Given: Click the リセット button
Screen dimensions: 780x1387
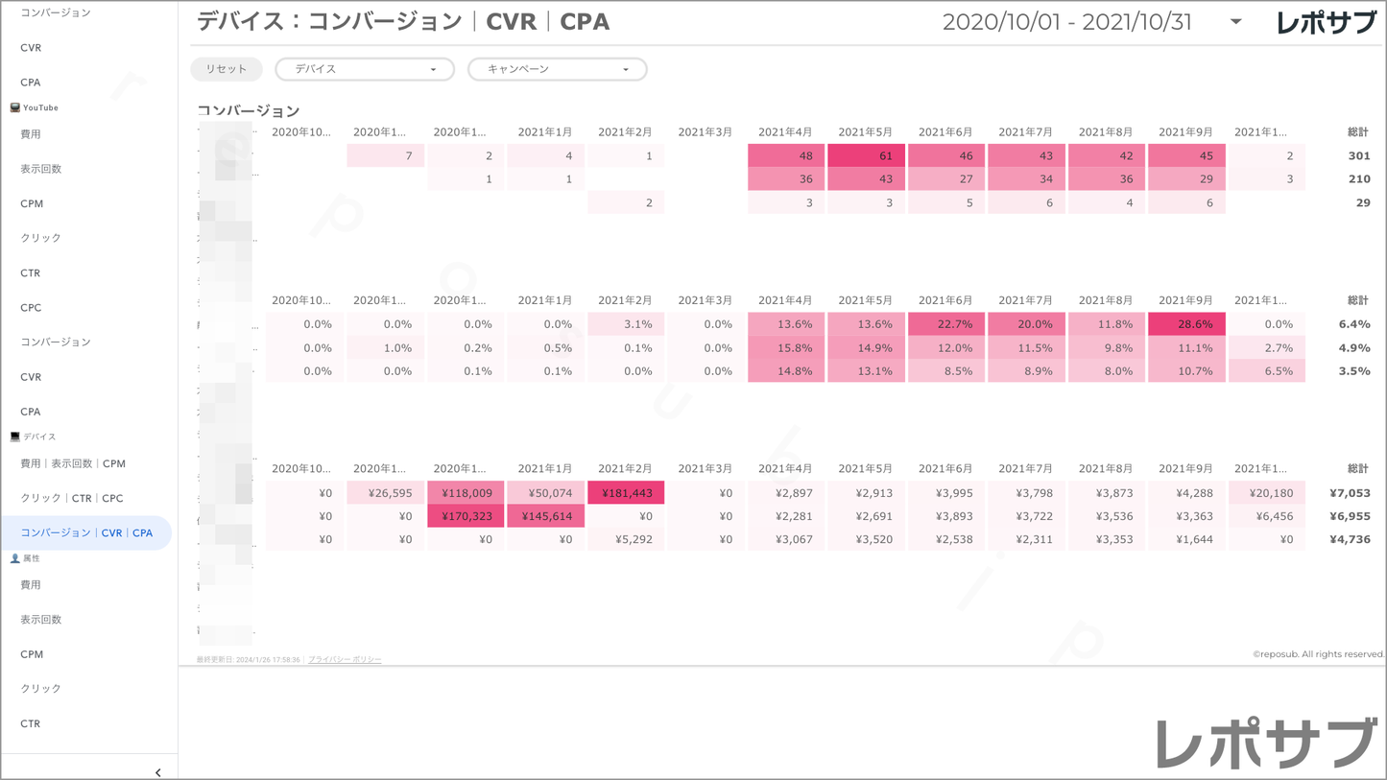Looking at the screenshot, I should click(227, 69).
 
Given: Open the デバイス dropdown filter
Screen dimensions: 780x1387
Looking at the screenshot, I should click(365, 69).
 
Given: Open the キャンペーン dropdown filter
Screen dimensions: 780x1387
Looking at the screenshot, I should click(557, 69).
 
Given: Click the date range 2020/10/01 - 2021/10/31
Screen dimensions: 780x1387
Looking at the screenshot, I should click(1067, 22).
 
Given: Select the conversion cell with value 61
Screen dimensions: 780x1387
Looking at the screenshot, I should click(866, 155).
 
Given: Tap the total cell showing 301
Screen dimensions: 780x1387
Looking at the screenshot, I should click(1357, 155).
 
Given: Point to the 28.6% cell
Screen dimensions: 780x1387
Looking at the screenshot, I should click(1186, 324).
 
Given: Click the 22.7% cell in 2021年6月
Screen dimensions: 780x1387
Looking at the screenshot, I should click(946, 324).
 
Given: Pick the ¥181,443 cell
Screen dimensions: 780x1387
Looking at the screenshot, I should click(626, 493).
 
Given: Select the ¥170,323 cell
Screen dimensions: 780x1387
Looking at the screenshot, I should click(466, 516).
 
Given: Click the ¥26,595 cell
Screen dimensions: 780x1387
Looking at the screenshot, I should click(386, 493).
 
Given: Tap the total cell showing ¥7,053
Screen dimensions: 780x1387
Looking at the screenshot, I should click(1350, 493).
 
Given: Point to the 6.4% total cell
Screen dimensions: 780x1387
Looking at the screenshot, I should click(1353, 324).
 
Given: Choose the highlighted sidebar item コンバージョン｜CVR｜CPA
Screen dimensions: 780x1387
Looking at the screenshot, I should click(86, 532).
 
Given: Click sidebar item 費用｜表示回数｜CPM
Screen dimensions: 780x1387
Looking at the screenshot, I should click(73, 463).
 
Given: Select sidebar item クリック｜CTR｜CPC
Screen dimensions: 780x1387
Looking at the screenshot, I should click(72, 498).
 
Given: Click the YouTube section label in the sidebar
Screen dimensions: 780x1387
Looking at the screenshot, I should click(40, 107).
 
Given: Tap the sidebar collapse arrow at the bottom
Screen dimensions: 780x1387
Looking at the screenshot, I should click(157, 771).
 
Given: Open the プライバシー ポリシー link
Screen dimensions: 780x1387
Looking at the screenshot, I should click(345, 660).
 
